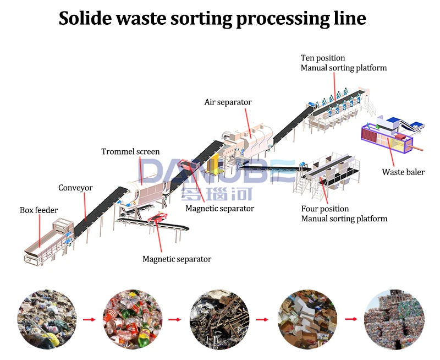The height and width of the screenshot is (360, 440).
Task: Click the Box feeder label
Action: pos(38,210)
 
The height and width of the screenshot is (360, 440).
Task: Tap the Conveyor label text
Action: pos(75,188)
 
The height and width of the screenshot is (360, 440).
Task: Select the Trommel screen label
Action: pos(130,151)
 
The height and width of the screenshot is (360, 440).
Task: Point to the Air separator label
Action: pos(228,102)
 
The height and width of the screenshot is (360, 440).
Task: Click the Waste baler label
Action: pos(403,172)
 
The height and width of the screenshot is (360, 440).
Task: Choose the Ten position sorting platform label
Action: pos(343,63)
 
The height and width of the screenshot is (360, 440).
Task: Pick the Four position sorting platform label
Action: pos(344,214)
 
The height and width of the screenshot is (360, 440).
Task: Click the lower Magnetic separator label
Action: pos(177,259)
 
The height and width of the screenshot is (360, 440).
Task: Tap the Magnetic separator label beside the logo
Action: pos(219,209)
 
